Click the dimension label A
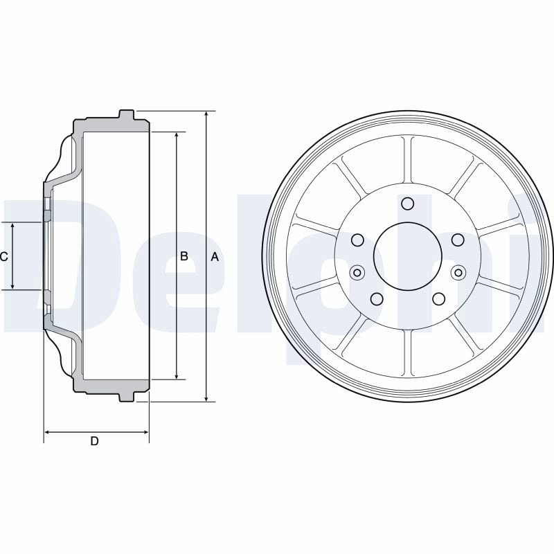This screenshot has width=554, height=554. tap(215, 257)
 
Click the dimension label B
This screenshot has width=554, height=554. tap(184, 256)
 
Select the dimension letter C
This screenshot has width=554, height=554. tap(4, 256)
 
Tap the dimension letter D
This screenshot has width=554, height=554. tap(94, 441)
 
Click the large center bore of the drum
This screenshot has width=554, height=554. tap(408, 256)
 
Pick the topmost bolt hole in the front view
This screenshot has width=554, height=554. tap(408, 204)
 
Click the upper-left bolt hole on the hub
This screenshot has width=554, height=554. tap(357, 240)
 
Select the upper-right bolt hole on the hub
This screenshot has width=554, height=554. tap(458, 240)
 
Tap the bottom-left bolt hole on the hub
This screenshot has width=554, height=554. tap(377, 299)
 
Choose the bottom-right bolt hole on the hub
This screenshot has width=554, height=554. tap(438, 299)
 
